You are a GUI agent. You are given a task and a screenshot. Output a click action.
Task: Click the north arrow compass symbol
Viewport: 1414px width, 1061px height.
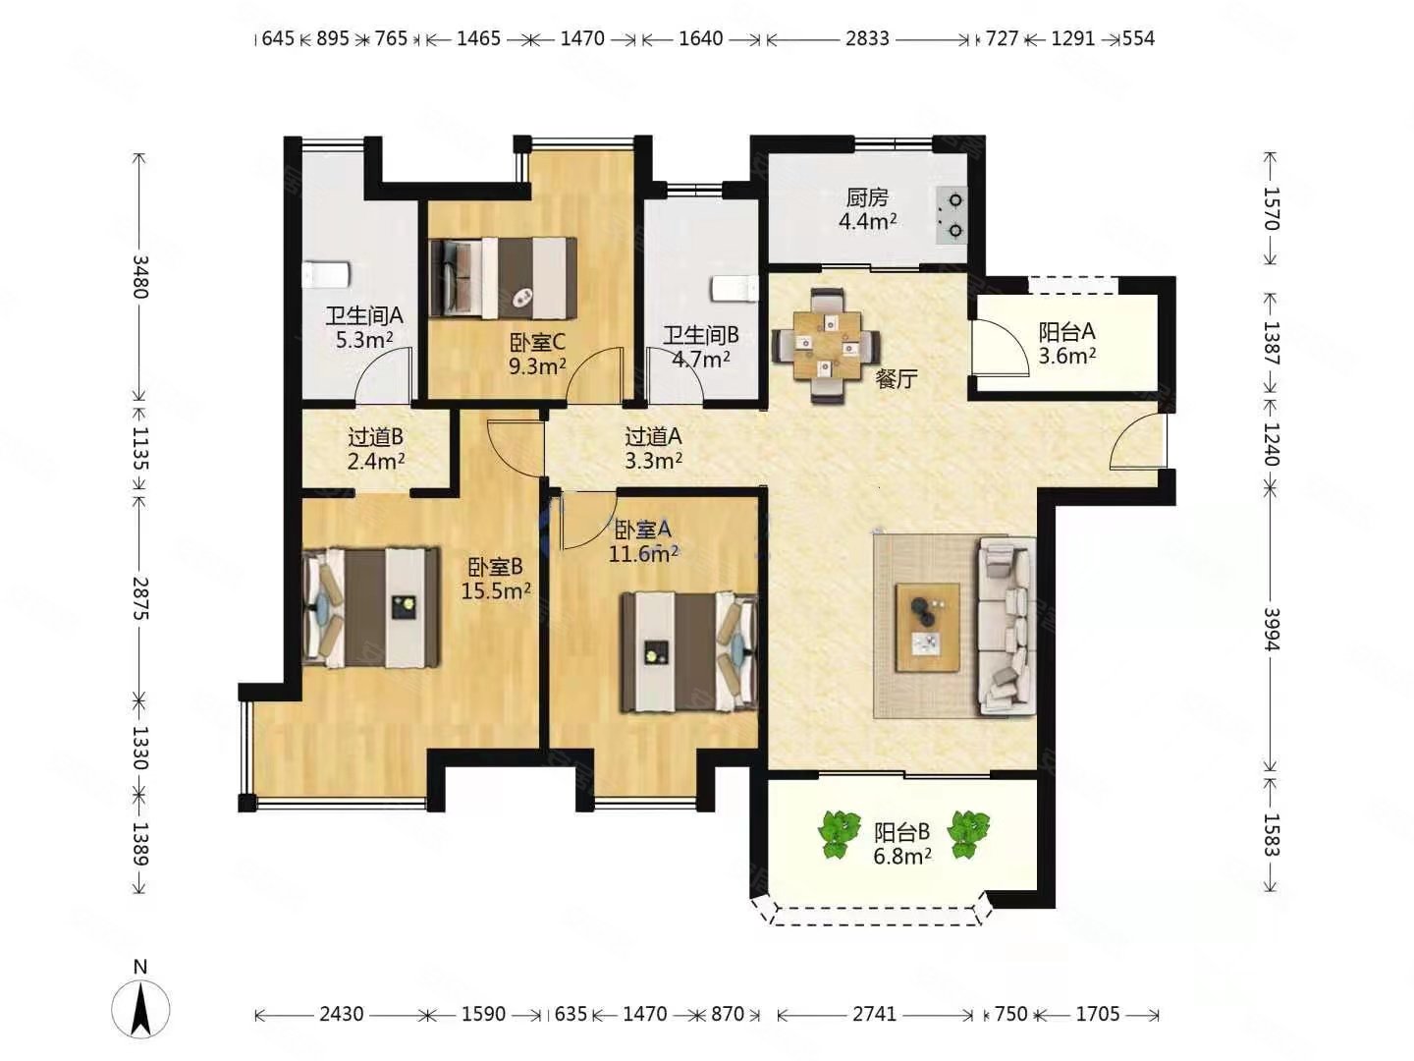(140, 1009)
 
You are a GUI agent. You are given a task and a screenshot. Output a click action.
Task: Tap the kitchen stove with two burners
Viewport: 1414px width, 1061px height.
(950, 215)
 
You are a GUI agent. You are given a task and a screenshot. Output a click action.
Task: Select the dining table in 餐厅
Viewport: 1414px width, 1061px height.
(827, 345)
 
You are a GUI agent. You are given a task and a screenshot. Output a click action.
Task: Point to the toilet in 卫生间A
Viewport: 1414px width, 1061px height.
(326, 274)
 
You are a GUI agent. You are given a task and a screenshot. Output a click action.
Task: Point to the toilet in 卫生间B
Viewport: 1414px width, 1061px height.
(734, 288)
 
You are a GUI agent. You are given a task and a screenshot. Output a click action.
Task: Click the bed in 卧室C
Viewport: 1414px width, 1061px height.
(503, 278)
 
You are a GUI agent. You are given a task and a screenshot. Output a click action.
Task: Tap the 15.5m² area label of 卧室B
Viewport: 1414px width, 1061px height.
(495, 590)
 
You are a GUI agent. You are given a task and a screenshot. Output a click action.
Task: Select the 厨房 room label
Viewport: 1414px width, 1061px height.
(866, 197)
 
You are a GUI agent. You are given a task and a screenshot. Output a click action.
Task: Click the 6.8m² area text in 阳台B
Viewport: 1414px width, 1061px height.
(901, 856)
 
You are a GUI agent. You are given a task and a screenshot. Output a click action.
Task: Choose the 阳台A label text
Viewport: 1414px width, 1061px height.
(1066, 332)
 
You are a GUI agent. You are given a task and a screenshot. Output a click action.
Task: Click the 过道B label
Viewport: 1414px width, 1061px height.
(375, 437)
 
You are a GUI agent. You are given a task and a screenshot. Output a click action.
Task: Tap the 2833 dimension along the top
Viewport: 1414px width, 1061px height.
(867, 38)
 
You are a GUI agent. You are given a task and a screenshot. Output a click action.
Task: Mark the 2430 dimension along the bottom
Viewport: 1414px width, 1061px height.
(342, 1015)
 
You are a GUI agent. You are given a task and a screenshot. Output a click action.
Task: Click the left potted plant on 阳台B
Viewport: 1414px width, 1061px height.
(839, 835)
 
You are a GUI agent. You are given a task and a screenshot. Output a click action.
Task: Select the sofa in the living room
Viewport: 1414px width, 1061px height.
(1006, 627)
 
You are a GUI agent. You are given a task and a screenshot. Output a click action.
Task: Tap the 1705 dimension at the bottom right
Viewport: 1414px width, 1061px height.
(1098, 1015)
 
